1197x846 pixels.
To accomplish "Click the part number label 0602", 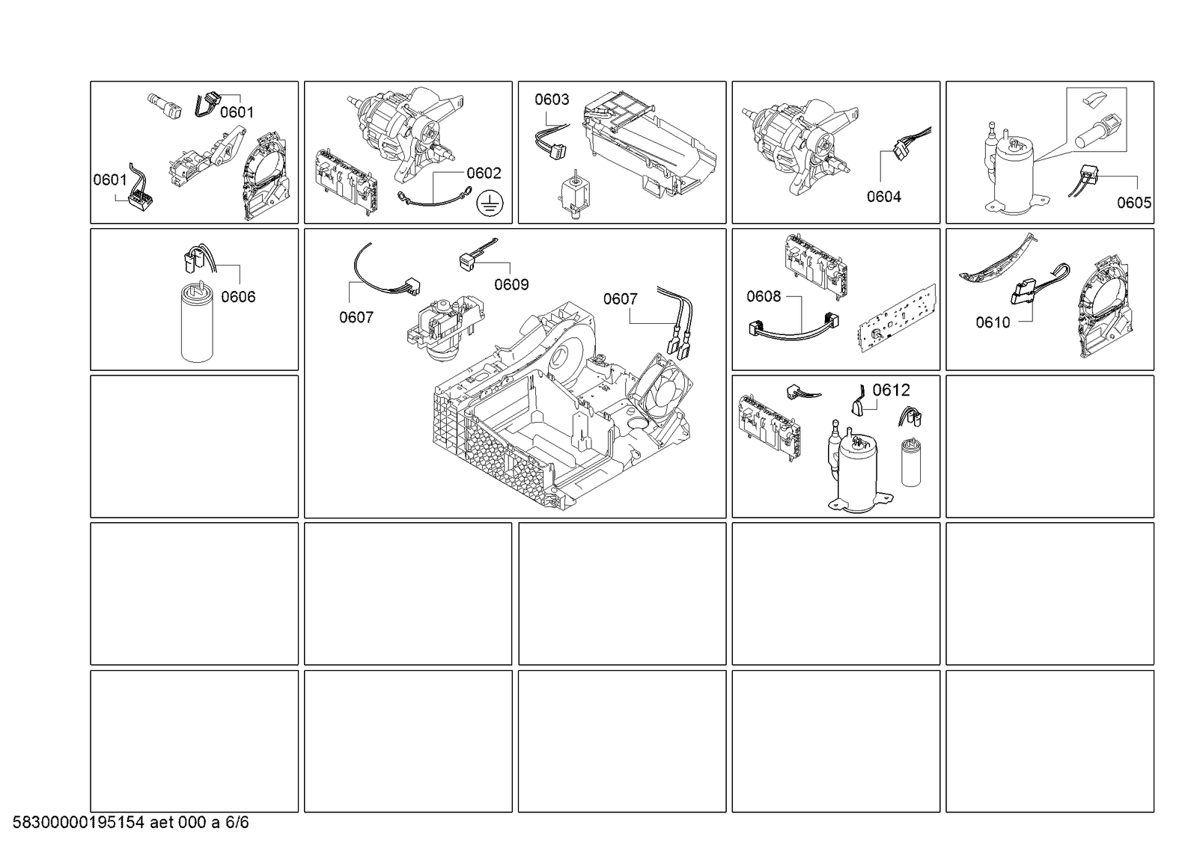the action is click(x=484, y=173).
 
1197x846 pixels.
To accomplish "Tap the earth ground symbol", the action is click(x=490, y=204).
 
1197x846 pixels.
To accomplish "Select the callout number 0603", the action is click(x=552, y=99).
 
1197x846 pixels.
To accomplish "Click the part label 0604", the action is click(x=884, y=197).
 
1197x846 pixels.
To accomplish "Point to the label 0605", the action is click(x=1134, y=203).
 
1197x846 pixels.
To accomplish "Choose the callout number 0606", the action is click(x=238, y=296).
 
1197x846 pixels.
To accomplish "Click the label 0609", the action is click(x=511, y=285).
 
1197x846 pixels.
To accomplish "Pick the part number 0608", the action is click(x=764, y=296).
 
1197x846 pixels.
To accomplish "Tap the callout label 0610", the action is click(x=993, y=322).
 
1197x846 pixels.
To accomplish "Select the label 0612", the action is click(x=891, y=390).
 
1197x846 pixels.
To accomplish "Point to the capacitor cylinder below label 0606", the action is click(x=197, y=322).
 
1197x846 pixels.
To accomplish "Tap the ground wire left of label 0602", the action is click(x=434, y=197).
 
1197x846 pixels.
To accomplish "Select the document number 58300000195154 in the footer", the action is click(x=78, y=823).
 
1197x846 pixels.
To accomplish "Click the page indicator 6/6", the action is click(x=237, y=823).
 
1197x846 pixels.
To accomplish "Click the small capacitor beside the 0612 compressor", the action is click(x=911, y=462).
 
